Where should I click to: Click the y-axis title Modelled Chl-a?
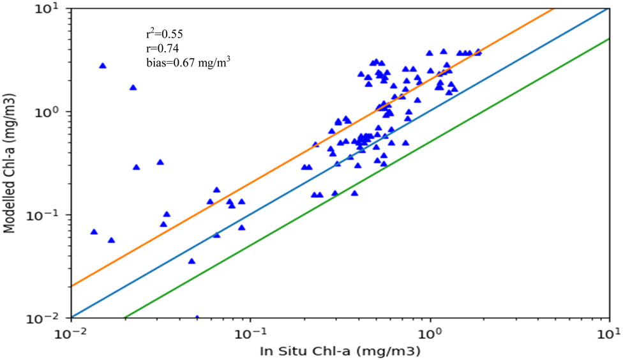click(x=11, y=162)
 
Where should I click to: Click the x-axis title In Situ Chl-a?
click(x=340, y=350)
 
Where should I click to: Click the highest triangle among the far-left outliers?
click(x=103, y=66)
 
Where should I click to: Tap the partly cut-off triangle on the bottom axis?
click(x=197, y=317)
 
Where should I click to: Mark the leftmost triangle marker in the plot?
click(x=94, y=232)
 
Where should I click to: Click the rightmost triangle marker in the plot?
click(x=478, y=52)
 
